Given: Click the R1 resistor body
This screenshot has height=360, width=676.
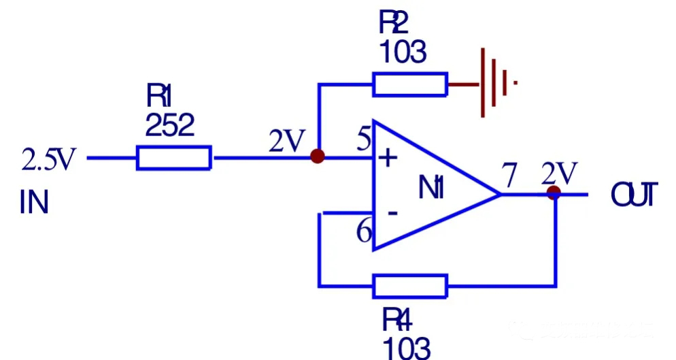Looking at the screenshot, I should pos(174,158).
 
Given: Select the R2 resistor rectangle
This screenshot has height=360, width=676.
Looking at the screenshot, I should pos(410,84).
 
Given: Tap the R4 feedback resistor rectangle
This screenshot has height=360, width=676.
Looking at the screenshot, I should pos(410,286).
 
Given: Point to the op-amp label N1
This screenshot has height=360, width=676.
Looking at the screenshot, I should pos(431,188).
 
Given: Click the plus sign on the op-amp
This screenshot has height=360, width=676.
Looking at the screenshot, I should pos(387,159).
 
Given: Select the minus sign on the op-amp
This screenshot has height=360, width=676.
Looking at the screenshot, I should pos(392,213).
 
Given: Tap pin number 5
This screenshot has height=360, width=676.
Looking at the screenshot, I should pos(364,141).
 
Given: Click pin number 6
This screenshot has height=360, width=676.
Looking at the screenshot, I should pos(365,233).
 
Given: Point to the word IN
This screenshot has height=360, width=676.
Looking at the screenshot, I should pos(34,203).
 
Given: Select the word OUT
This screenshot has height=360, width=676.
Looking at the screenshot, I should pos(634,195).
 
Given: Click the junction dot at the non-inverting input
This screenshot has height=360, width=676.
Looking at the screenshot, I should pos(317,157).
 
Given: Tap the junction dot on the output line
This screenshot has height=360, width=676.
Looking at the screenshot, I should pos(554,193).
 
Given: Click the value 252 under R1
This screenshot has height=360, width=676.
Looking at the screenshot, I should pos(170,127).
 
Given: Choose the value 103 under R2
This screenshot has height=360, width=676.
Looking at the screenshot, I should pos(403,52).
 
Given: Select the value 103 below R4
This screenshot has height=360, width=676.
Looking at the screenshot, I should pos(407,348).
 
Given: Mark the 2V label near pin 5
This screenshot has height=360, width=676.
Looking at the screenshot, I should pos(286,142).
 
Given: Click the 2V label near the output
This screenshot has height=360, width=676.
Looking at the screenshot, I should pos(560,174).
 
